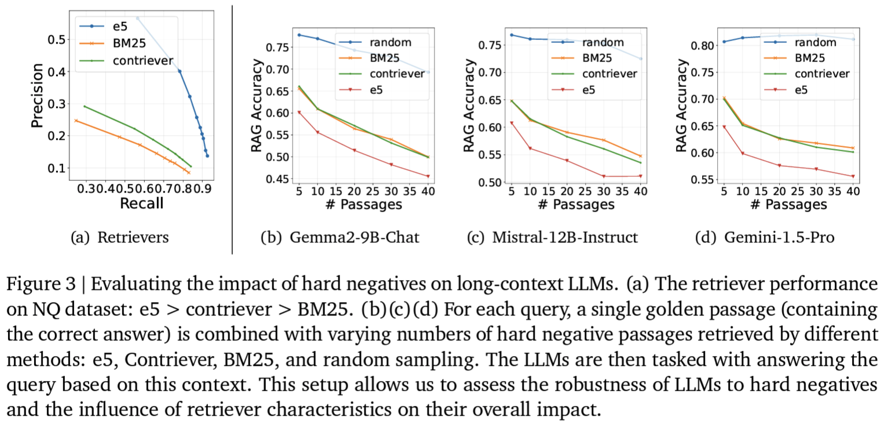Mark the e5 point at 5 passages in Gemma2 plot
click(299, 112)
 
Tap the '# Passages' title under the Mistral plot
click(576, 205)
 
